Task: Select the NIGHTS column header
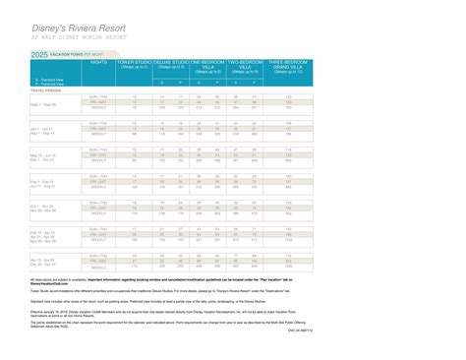click(99, 61)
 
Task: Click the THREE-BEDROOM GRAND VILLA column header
click(288, 65)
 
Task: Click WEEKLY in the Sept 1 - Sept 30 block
click(99, 109)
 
